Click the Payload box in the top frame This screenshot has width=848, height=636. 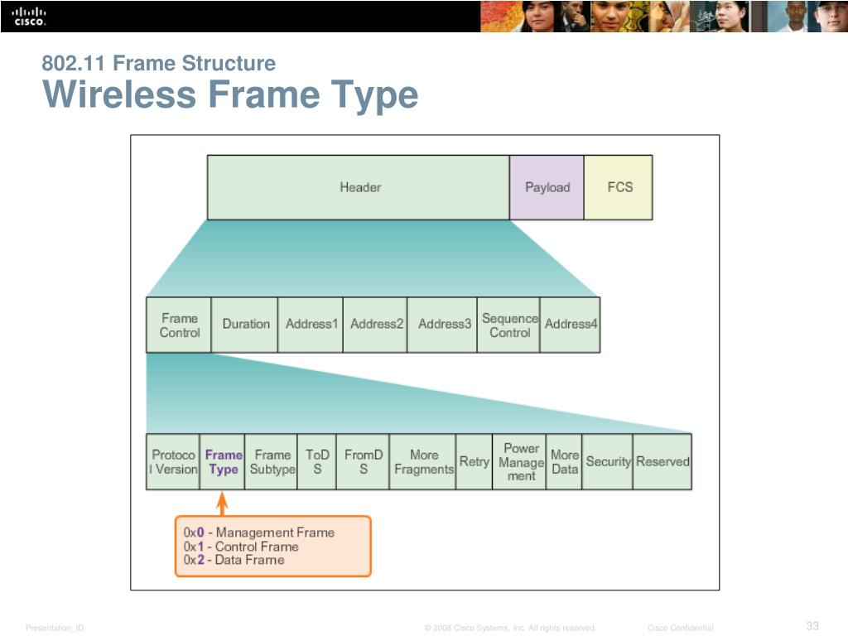tap(547, 187)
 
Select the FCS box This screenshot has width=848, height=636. tap(619, 187)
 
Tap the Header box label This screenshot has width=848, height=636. tap(360, 187)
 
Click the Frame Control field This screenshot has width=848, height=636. tap(179, 325)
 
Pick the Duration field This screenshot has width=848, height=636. tap(245, 325)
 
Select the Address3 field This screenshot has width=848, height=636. tap(444, 325)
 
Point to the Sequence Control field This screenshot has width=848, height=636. tap(509, 325)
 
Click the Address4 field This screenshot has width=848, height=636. tap(571, 325)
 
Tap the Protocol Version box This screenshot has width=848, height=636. tap(173, 461)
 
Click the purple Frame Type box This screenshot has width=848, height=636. tap(223, 461)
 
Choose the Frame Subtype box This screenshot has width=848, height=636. tap(272, 461)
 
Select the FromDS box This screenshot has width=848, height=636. tap(364, 461)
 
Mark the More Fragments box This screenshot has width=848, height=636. tap(423, 461)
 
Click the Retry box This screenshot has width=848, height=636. tap(474, 461)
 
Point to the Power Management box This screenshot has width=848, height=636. tap(520, 461)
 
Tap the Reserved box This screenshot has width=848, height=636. tap(662, 461)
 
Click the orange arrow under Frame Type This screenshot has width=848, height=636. tap(222, 503)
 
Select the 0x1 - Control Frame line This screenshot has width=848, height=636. tap(241, 547)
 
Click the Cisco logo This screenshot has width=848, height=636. tap(30, 16)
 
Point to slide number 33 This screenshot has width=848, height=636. tap(812, 625)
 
